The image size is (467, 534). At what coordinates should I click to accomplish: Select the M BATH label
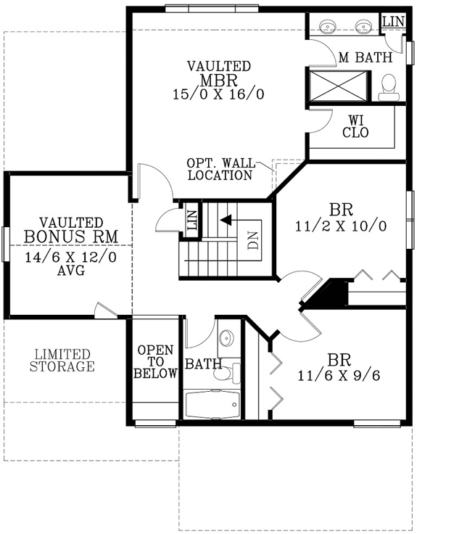[x=365, y=57]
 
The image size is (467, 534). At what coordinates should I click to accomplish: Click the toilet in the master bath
[x=389, y=86]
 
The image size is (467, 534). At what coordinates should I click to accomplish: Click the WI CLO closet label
[x=355, y=127]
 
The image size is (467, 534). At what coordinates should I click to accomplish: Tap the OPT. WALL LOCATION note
[x=219, y=169]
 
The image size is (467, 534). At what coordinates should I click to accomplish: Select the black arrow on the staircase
[x=227, y=218]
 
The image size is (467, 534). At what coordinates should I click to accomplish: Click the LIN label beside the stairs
[x=192, y=219]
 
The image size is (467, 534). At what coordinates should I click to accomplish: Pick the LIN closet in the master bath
[x=392, y=22]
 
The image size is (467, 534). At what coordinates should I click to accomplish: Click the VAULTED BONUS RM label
[x=70, y=229]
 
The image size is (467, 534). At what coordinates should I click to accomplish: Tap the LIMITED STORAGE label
[x=62, y=361]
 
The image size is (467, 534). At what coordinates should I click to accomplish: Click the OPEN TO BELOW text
[x=156, y=361]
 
